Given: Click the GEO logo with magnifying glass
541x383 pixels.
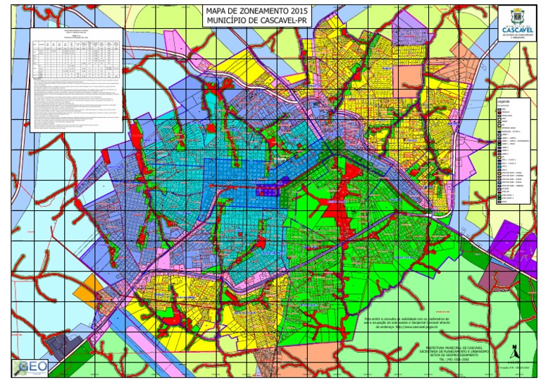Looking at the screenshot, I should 30,367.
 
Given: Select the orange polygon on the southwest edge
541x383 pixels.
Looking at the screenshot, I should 92,286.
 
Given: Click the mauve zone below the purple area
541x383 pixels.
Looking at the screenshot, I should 493,279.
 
